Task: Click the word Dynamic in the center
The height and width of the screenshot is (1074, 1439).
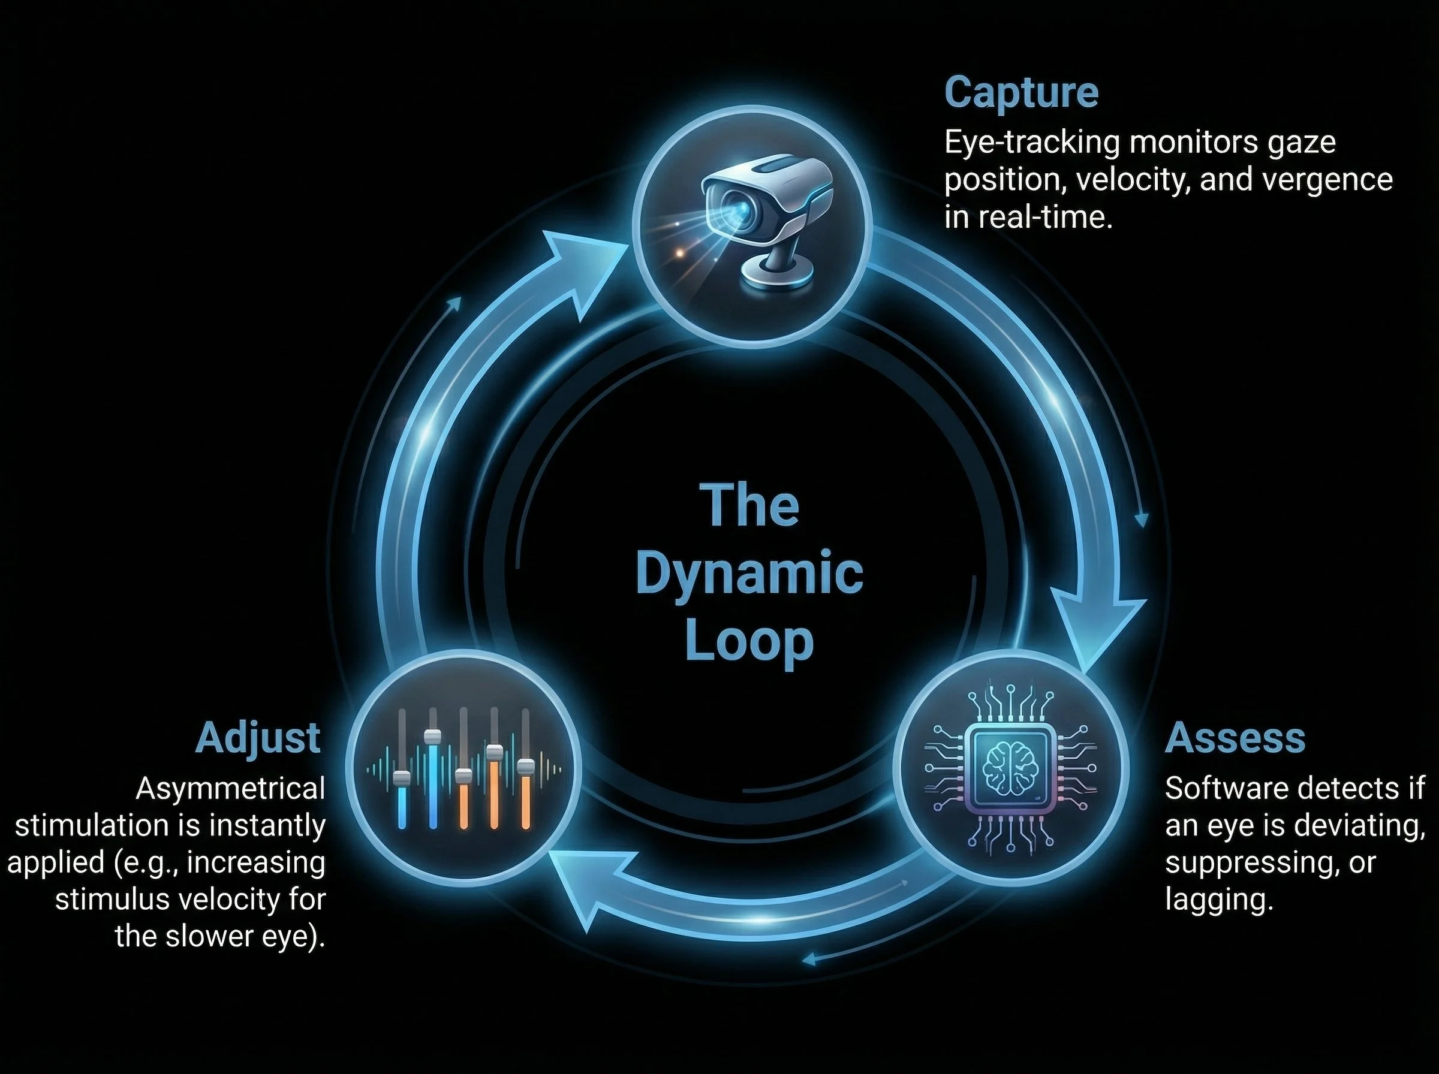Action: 749,574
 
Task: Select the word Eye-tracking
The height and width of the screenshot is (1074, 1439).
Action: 1031,143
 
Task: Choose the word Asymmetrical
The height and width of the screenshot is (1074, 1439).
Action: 230,789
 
